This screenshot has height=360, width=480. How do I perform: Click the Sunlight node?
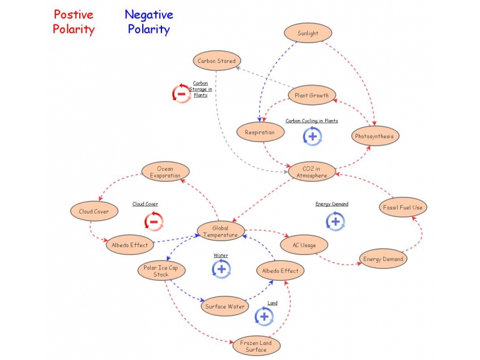coord(308,34)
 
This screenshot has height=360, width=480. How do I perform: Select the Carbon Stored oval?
coord(217,61)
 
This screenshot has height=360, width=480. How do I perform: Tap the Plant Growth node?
coord(311,95)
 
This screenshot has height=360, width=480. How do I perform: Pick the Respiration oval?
coord(260,132)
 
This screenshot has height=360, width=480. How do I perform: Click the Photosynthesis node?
coord(374,136)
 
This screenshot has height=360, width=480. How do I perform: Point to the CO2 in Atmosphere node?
coord(312,172)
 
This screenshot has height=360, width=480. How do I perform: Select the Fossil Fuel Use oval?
coord(403,208)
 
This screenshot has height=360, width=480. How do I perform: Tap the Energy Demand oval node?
coord(383,259)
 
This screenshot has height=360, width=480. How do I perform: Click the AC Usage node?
coord(304,245)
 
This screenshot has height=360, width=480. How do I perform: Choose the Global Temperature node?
coord(221,232)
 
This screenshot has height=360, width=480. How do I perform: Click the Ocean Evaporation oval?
coord(165,172)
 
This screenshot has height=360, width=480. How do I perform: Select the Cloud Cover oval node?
coord(94,211)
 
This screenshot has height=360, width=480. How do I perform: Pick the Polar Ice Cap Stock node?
coord(161,271)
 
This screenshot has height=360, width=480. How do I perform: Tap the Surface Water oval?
coord(224,306)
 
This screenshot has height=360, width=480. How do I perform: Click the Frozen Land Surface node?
coord(256,346)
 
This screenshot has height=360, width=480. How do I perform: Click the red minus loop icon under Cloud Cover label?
coord(154,221)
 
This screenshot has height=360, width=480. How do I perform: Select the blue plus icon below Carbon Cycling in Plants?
coord(312,136)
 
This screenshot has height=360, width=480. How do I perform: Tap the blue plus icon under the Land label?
coord(264,317)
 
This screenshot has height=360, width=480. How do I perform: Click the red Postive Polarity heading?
coord(74,22)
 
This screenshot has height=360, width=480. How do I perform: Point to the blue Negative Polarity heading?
coord(148,22)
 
